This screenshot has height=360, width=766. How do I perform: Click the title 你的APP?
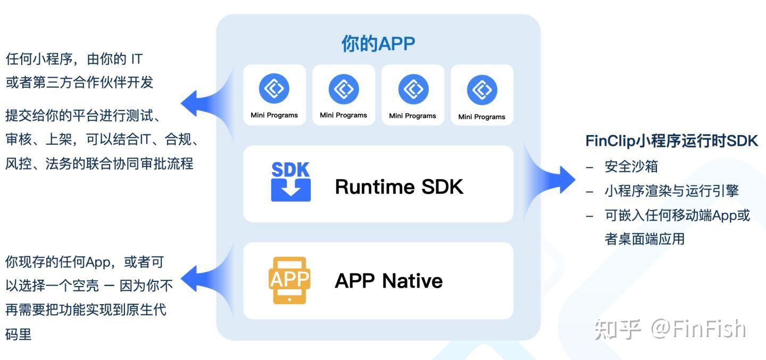378,44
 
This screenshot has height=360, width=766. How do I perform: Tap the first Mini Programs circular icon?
274,88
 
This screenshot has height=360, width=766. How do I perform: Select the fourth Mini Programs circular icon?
482,90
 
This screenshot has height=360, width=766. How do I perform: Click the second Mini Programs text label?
343,115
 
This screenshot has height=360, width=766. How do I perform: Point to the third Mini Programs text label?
412,116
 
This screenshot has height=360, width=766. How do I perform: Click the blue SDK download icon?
290,181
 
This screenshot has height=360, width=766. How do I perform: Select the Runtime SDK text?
399,187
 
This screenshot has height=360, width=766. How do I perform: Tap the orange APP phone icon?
289,280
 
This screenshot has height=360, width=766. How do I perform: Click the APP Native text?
388,281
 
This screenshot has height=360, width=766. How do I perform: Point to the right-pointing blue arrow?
551,180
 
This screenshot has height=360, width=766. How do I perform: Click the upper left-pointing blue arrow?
207,104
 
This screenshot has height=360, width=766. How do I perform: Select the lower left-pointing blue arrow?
207,279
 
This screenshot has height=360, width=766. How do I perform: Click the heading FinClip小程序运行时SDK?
672,141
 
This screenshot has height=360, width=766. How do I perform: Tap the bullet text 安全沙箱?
631,166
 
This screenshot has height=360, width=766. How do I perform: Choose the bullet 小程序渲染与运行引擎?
672,191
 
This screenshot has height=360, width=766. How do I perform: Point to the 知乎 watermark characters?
618,329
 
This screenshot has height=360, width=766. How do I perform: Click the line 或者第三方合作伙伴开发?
79,82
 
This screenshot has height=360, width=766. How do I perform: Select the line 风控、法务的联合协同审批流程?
99,164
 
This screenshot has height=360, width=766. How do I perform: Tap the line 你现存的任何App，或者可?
85,262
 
